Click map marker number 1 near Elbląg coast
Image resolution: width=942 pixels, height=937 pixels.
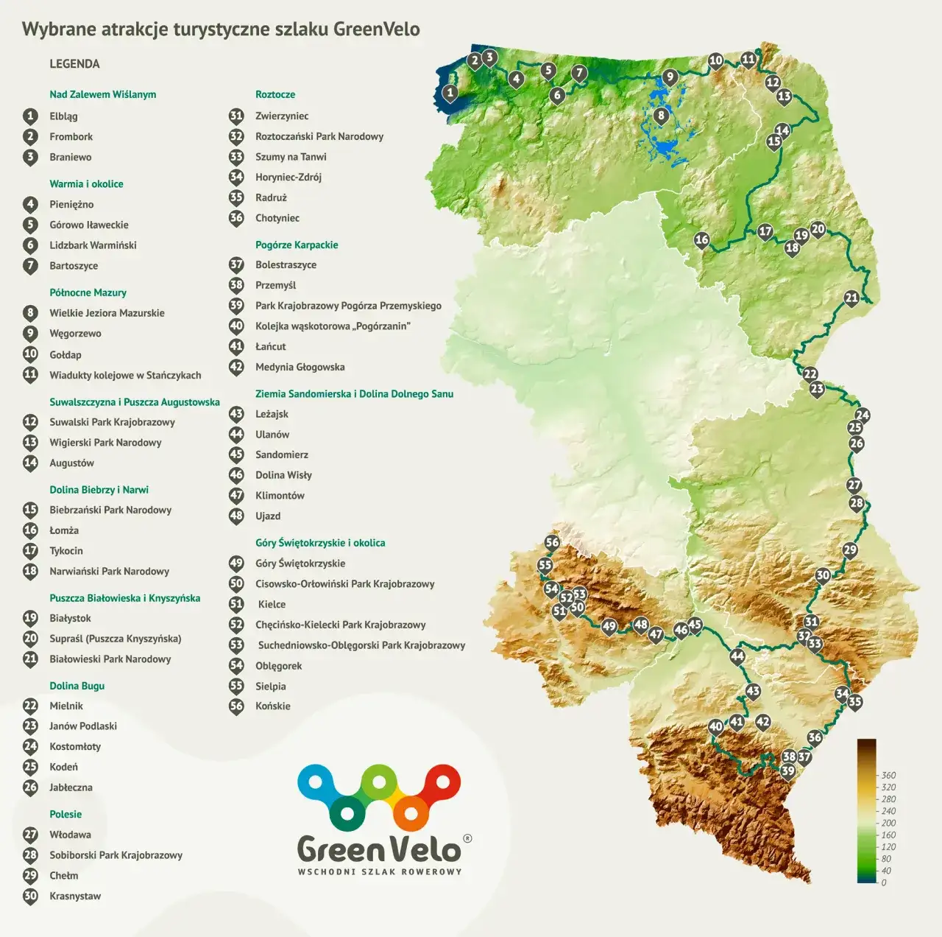click(x=450, y=94)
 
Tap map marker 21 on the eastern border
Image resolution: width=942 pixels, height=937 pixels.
click(x=851, y=298)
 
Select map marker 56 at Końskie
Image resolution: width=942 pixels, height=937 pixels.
click(x=552, y=543)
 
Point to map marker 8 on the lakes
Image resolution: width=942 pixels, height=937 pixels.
click(x=661, y=115)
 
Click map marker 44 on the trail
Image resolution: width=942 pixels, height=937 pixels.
click(x=737, y=656)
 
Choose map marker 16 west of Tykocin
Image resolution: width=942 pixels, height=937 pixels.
click(x=701, y=239)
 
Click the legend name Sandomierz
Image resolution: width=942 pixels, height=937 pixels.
click(x=281, y=455)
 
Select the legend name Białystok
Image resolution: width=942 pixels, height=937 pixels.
click(x=70, y=618)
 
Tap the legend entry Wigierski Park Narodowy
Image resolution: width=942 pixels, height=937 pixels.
click(x=105, y=443)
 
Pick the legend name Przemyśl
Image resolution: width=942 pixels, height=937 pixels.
click(x=275, y=285)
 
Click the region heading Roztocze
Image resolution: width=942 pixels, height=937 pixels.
click(x=275, y=94)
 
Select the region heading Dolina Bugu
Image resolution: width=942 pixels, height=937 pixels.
click(x=77, y=686)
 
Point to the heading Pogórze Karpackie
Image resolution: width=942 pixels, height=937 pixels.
click(x=297, y=245)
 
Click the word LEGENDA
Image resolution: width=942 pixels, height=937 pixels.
click(x=74, y=64)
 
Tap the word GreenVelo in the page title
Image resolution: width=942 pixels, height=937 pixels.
click(x=376, y=29)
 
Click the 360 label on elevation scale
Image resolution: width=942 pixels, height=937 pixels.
click(x=888, y=775)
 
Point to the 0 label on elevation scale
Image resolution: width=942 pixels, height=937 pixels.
click(x=884, y=882)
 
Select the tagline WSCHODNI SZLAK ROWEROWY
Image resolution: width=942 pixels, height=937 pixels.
click(x=379, y=871)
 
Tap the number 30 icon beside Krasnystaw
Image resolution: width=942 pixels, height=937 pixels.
click(x=30, y=896)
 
